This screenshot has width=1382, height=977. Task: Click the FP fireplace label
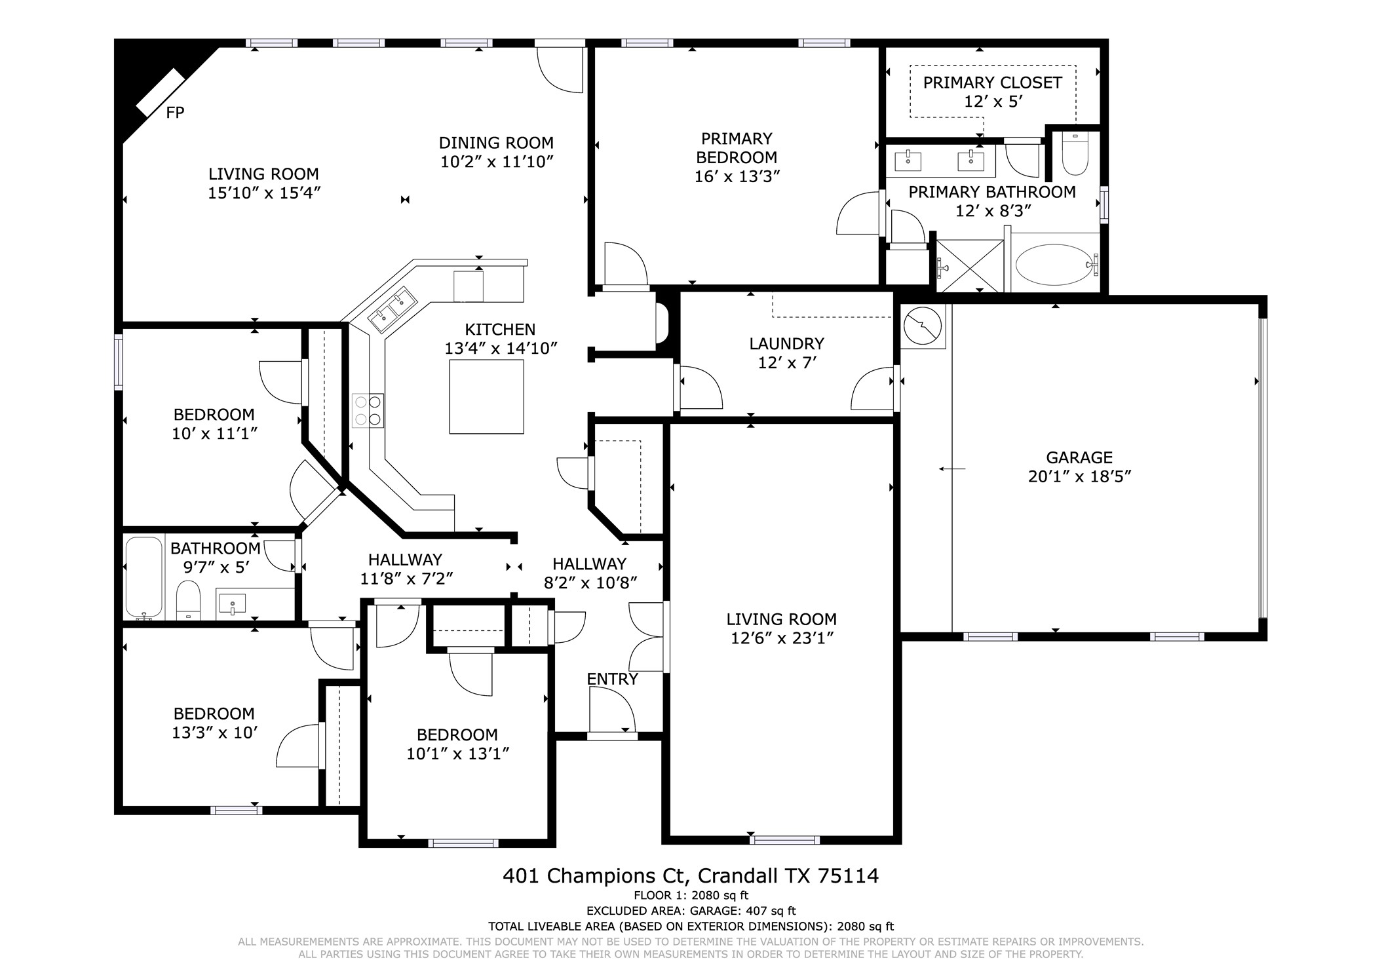175,113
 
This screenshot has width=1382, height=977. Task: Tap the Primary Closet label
992,83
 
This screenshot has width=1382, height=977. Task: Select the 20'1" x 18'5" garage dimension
1079,476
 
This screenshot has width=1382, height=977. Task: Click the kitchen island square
486,396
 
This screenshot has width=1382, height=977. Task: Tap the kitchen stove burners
368,410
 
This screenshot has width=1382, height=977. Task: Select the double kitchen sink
393,310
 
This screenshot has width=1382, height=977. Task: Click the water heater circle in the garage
923,326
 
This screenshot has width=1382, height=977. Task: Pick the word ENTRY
612,679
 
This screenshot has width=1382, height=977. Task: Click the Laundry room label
786,343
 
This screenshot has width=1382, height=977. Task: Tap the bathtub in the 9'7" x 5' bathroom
144,578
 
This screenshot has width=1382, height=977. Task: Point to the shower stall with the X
970,265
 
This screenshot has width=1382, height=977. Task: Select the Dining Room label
496,143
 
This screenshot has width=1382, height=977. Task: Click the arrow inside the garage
951,469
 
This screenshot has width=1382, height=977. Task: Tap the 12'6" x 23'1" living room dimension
782,638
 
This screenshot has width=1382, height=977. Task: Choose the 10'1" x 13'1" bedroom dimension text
457,754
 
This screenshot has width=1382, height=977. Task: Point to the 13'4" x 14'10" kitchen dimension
501,348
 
